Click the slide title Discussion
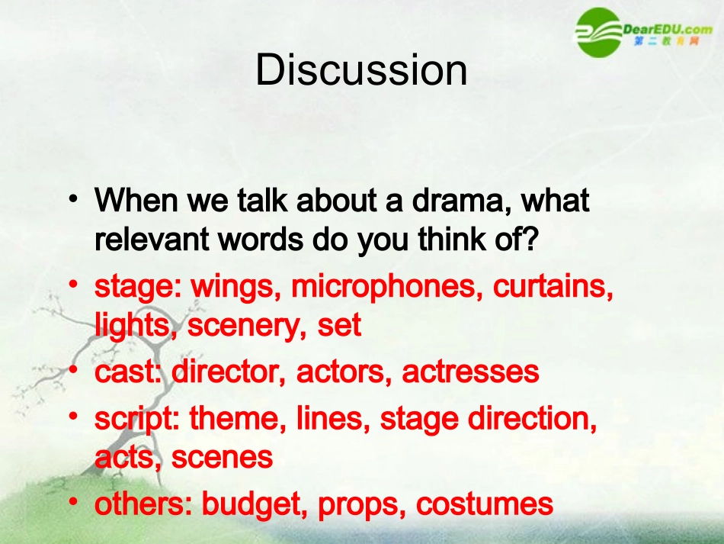pyautogui.click(x=361, y=70)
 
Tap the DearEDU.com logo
pyautogui.click(x=645, y=32)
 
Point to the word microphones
pyautogui.click(x=388, y=287)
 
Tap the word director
pyautogui.click(x=229, y=372)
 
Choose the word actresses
pyautogui.click(x=470, y=372)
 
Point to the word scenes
pyautogui.click(x=222, y=457)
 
